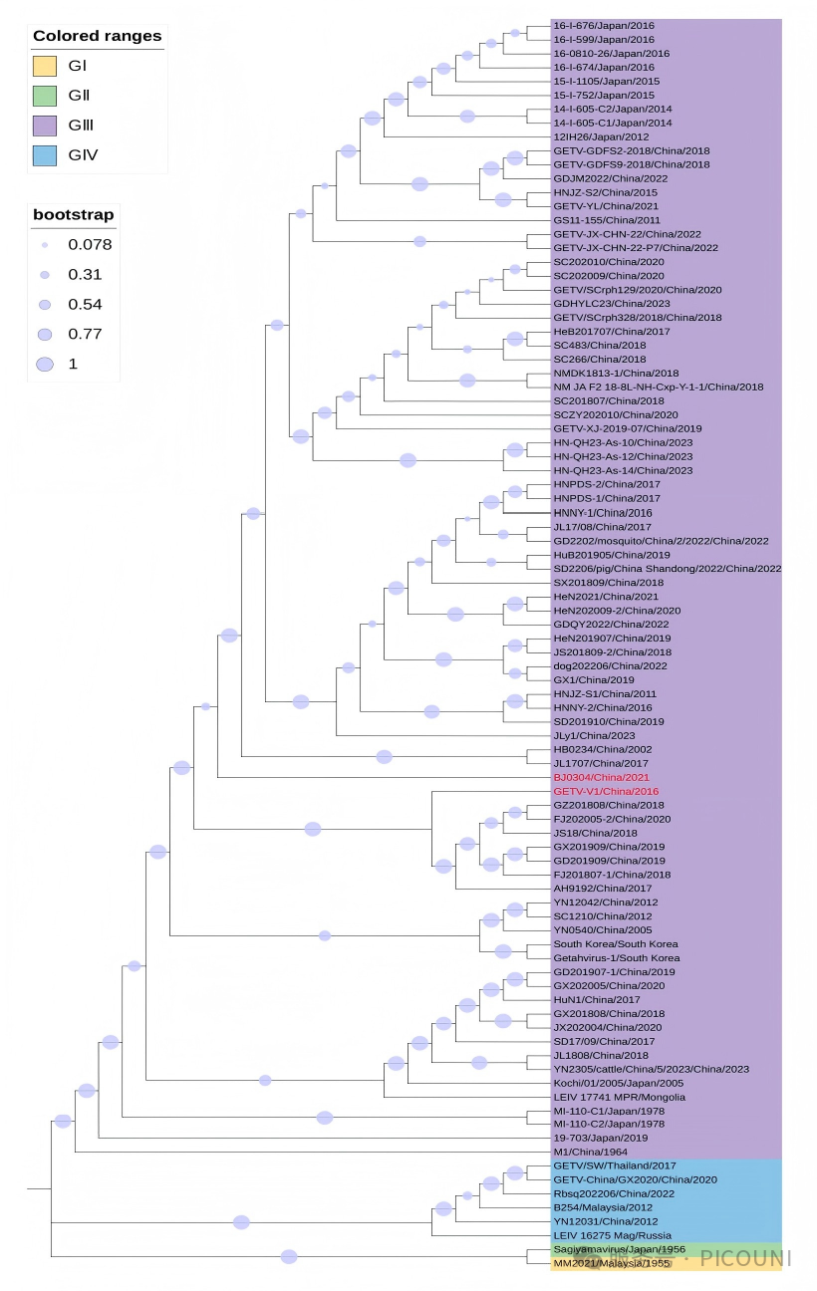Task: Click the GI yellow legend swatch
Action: click(x=44, y=66)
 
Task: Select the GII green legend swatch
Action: click(x=44, y=96)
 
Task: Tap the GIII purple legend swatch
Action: click(x=44, y=126)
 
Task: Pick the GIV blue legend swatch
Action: click(x=44, y=154)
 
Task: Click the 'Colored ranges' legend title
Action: click(x=97, y=36)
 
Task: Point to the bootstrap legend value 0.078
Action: click(x=90, y=245)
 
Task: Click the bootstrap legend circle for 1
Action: click(x=44, y=365)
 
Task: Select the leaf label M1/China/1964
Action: click(x=585, y=1152)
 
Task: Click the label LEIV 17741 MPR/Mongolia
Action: click(x=606, y=1097)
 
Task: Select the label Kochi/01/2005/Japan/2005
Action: click(x=619, y=1083)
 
